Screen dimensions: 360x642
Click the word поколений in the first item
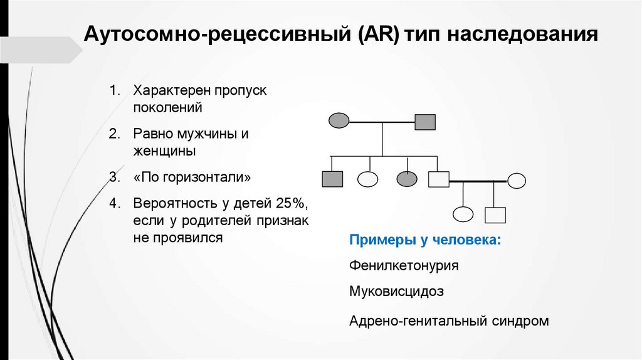click(167, 107)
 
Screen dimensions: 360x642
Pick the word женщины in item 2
click(164, 151)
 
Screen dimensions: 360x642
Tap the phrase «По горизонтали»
click(192, 177)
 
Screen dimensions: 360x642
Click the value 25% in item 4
click(290, 204)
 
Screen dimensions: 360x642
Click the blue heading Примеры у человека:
click(425, 240)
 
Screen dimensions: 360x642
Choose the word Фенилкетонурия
click(404, 265)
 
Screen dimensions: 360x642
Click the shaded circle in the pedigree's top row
click(339, 121)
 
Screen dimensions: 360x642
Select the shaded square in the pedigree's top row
click(425, 121)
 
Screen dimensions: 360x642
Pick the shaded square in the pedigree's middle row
click(332, 179)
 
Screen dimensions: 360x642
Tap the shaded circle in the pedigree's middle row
click(407, 179)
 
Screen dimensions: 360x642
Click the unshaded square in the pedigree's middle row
click(438, 179)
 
